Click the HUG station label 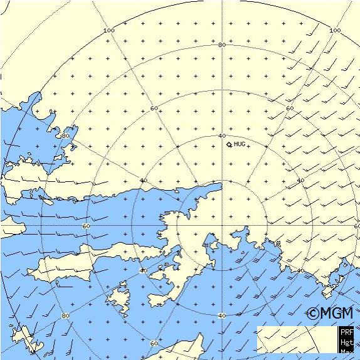pos(240,144)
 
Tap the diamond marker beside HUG pos(230,145)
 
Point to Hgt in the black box pos(347,342)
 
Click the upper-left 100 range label pos(109,31)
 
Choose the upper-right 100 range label pos(335,30)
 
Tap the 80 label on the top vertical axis pos(221,45)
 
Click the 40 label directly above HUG pos(221,135)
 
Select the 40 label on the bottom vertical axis pos(221,315)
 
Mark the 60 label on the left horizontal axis pos(86,226)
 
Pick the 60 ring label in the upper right pos(290,109)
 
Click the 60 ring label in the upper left pos(154,109)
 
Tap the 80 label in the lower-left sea pos(65,315)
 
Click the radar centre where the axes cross pos(221,225)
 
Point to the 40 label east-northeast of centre pos(300,181)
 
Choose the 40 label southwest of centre pos(143,270)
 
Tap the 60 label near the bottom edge pos(154,343)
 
